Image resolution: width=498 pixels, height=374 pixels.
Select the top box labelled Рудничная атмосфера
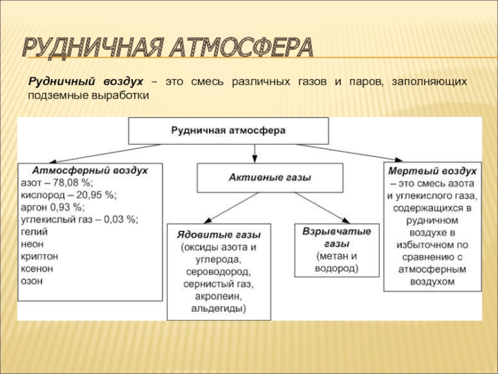tap(228, 131)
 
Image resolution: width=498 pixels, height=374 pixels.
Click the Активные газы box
tap(270, 178)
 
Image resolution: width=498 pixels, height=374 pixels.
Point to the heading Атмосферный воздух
tap(90, 170)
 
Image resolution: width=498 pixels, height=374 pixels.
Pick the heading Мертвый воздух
tap(433, 170)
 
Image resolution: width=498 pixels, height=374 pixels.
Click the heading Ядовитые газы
tap(218, 234)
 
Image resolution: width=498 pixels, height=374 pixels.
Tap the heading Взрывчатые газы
tap(337, 237)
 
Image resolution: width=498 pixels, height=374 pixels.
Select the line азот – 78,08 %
tap(57, 182)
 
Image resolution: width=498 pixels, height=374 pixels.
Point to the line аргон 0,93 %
tap(54, 206)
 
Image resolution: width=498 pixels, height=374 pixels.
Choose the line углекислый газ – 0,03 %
tap(80, 219)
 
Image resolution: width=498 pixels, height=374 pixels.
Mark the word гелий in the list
tap(34, 231)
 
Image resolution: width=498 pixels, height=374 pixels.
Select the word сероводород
tap(218, 272)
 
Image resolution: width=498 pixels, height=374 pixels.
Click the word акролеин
tap(218, 296)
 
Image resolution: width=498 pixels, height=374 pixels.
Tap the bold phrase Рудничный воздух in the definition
tap(85, 82)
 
